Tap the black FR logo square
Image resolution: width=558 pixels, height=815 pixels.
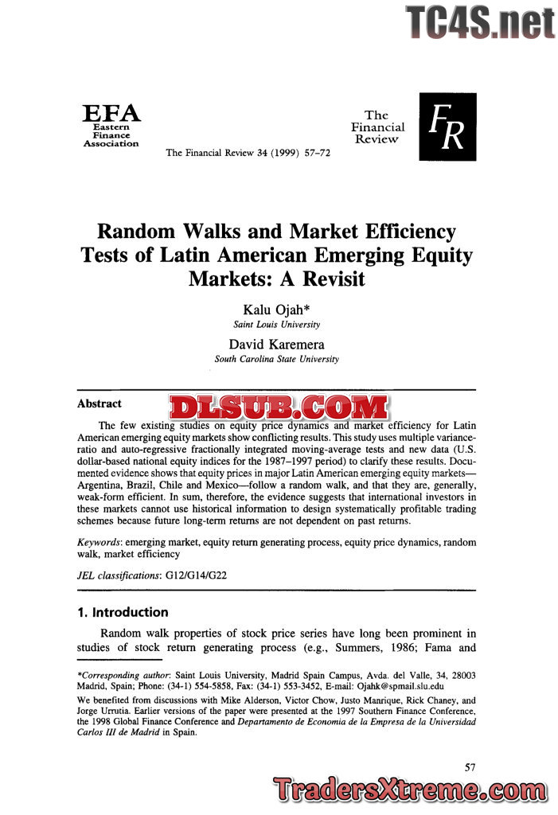click(447, 127)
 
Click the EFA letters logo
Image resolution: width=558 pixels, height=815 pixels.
click(111, 112)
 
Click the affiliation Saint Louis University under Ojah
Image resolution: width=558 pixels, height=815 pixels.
click(276, 325)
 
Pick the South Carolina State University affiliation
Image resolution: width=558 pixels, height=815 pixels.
click(276, 359)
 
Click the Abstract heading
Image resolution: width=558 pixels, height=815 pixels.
click(100, 404)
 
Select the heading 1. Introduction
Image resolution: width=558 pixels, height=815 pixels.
click(123, 612)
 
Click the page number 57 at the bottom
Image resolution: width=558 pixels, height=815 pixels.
click(470, 766)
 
